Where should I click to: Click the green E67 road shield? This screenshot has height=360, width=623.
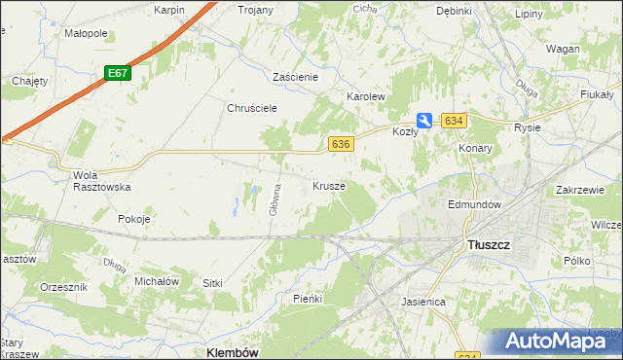click(118, 73)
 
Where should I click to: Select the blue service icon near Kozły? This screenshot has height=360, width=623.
click(425, 121)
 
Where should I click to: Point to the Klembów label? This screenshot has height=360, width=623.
click(233, 352)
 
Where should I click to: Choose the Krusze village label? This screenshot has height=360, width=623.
click(328, 185)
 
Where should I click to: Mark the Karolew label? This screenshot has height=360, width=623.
click(367, 97)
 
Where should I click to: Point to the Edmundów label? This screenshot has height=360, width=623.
click(474, 205)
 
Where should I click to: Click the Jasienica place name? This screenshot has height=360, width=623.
click(423, 302)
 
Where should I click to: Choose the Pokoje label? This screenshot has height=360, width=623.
click(133, 219)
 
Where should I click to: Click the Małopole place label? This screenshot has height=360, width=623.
click(85, 33)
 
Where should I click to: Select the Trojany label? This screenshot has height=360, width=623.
click(256, 10)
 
